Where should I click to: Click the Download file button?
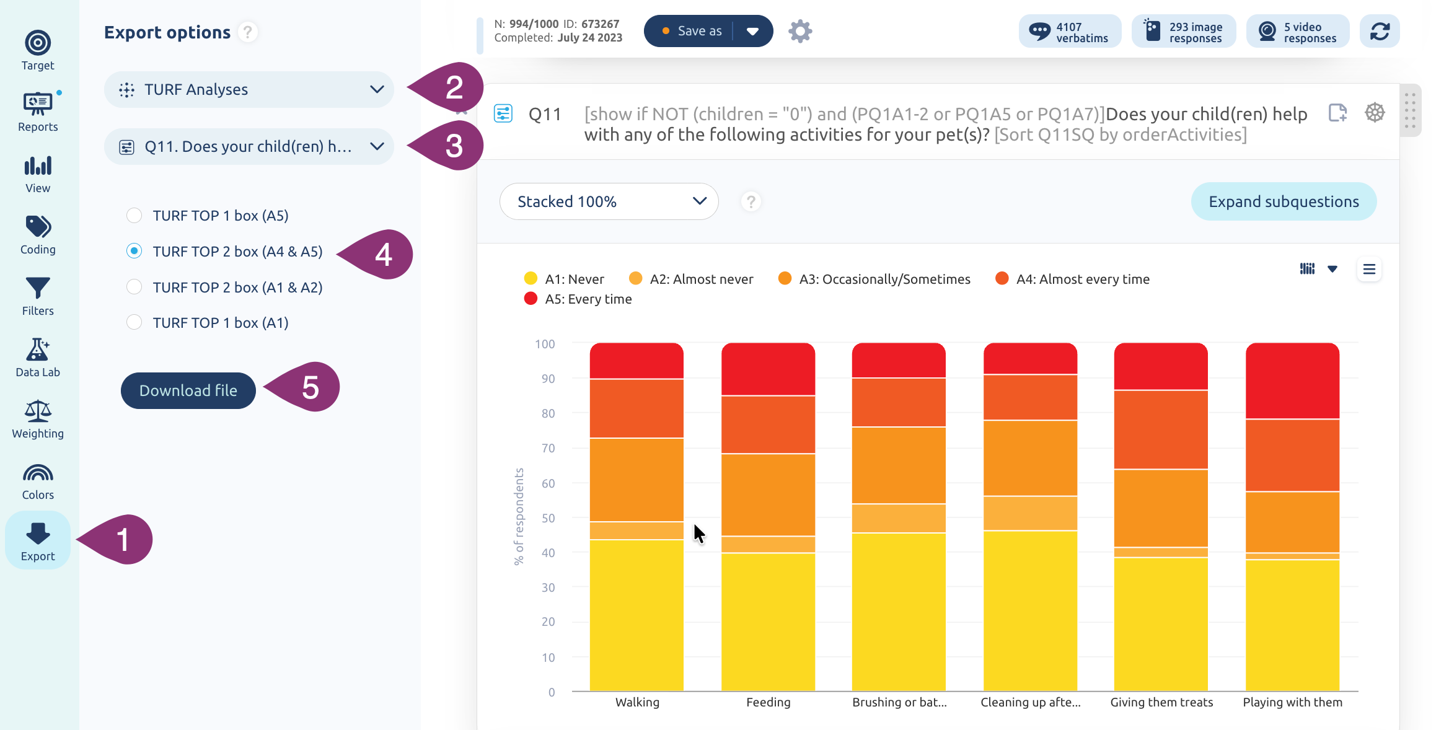[188, 390]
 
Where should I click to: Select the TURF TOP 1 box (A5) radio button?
[134, 216]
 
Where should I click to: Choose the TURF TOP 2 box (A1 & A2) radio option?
[134, 287]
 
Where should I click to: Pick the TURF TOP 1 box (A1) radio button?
[134, 322]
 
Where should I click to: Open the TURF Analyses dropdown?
[249, 90]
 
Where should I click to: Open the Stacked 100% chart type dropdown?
[609, 201]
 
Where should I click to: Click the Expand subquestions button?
[1284, 201]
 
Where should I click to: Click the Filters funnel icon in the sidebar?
[38, 288]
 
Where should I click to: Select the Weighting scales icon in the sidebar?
[38, 411]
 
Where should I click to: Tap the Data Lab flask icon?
[38, 350]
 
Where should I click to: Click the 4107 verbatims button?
[1070, 32]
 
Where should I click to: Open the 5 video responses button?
[1298, 32]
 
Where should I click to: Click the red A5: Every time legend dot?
[531, 299]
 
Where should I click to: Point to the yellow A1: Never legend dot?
[531, 279]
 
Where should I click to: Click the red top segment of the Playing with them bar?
[1292, 380]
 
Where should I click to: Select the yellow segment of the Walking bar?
[636, 615]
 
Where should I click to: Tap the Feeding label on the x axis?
[768, 702]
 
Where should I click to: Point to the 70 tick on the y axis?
[548, 448]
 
